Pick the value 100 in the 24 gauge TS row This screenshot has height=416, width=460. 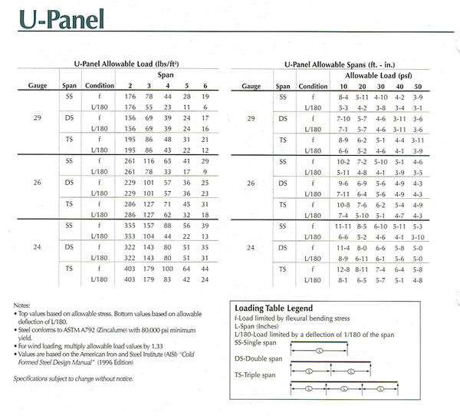[x=168, y=270]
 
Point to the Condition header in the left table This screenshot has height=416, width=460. [x=100, y=87]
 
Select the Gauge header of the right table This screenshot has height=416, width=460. [x=252, y=87]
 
